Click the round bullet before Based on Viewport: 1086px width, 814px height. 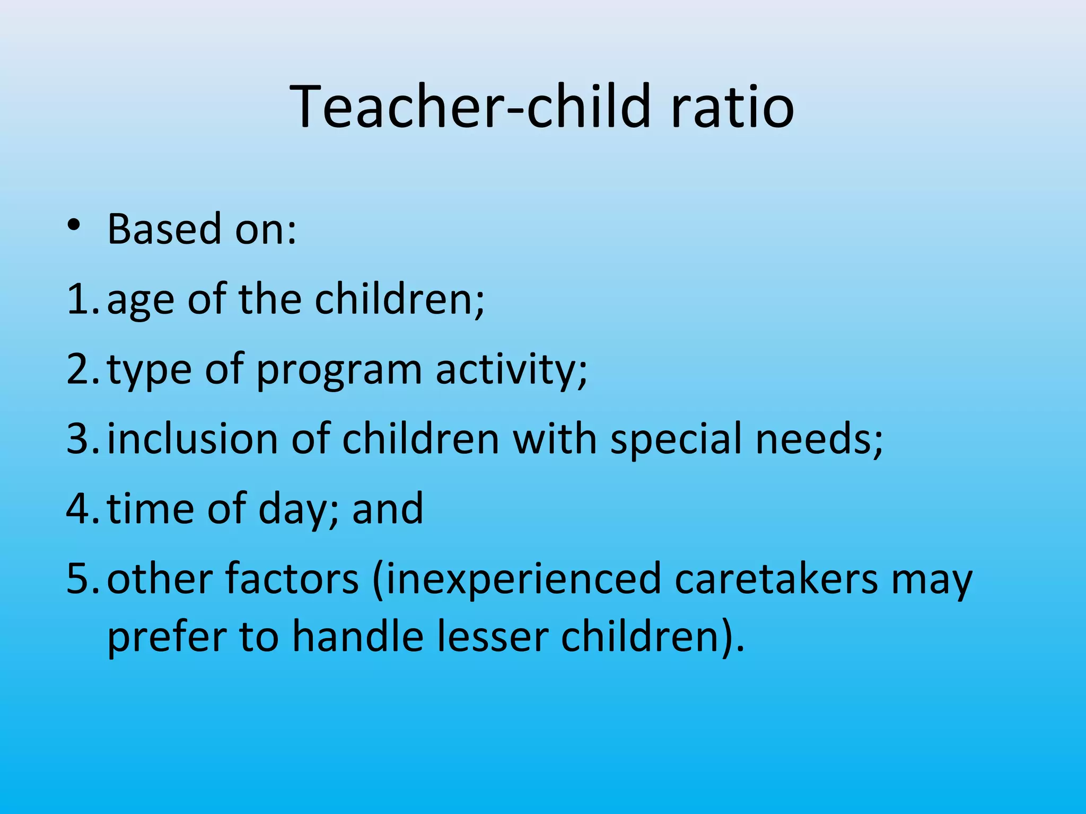74,225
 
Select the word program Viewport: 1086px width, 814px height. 339,371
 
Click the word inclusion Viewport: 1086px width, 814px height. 192,439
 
